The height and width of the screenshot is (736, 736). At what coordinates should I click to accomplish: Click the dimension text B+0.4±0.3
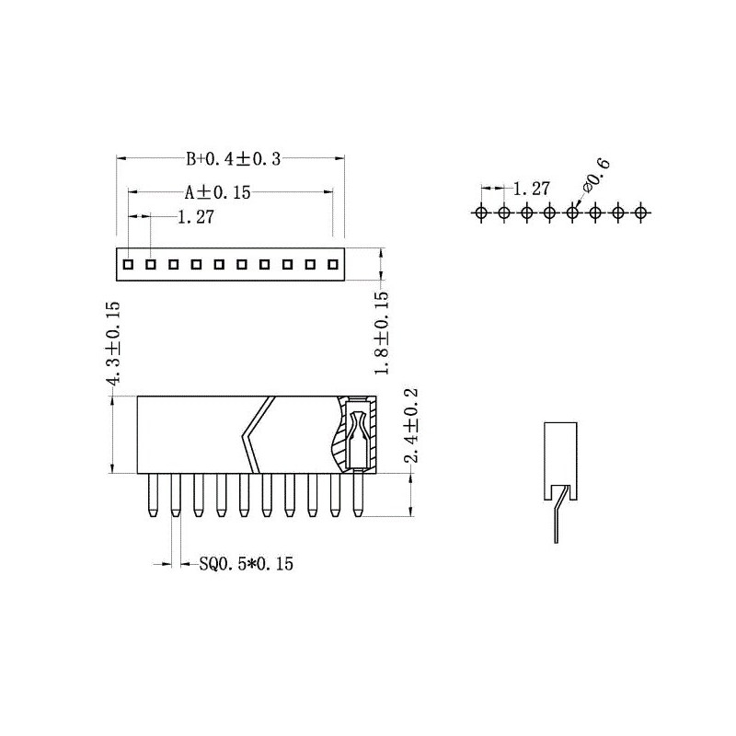233,159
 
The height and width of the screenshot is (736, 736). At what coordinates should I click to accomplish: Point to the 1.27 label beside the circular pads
531,189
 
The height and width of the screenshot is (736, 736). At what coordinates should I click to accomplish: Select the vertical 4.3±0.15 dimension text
114,344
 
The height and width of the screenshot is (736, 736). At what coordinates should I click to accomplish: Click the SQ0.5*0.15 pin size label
246,564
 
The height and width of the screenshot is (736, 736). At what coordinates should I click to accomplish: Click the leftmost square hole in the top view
129,264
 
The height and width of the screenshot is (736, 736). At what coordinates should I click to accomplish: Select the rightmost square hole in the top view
332,264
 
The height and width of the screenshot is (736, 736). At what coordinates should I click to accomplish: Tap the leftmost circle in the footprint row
481,213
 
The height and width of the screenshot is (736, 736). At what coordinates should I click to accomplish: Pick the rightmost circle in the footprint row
641,213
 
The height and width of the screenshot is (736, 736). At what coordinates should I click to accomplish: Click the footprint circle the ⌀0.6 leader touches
572,213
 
